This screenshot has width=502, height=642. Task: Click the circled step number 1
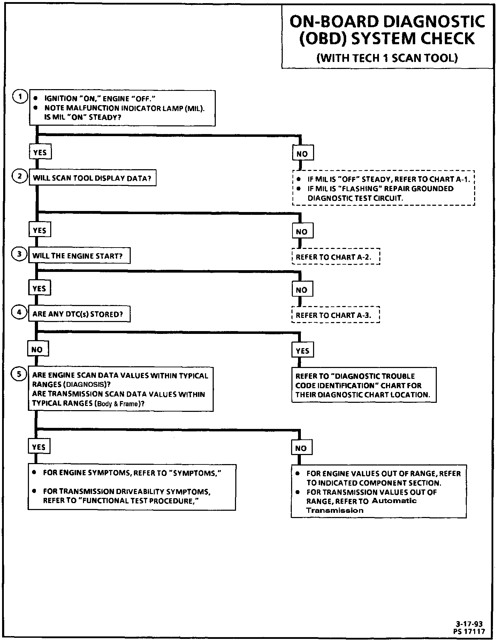point(20,96)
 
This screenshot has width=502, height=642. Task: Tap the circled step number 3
point(20,254)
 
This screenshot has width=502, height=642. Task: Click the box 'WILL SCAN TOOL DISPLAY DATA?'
point(92,178)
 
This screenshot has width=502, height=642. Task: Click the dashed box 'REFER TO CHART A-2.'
point(335,257)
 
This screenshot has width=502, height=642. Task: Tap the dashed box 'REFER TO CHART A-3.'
point(335,315)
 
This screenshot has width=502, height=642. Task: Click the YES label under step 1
point(40,152)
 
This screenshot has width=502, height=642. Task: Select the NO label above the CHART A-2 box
point(302,232)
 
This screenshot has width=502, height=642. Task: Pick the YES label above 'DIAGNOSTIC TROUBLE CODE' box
point(302,351)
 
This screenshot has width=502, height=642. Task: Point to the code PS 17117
point(469,631)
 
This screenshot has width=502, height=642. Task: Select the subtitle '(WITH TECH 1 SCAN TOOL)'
point(387,58)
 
